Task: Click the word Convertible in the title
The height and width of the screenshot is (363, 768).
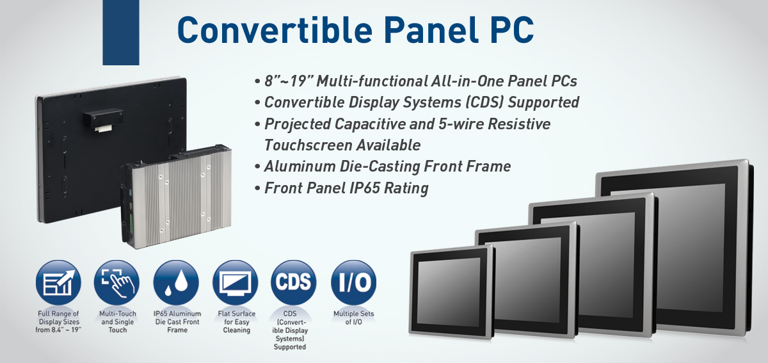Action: pyautogui.click(x=275, y=30)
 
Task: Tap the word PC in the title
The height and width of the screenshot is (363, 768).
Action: pyautogui.click(x=512, y=30)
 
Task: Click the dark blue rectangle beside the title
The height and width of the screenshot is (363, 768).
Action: pyautogui.click(x=121, y=32)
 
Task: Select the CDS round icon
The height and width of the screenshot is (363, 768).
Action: pyautogui.click(x=293, y=283)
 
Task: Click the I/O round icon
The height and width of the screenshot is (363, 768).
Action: pyautogui.click(x=353, y=283)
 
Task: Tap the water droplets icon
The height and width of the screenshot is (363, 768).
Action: pyautogui.click(x=176, y=283)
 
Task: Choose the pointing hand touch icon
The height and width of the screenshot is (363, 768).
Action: pyautogui.click(x=117, y=283)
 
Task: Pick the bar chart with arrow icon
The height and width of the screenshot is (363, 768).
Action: pyautogui.click(x=58, y=283)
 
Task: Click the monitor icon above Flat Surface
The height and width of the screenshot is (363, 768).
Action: pyautogui.click(x=236, y=283)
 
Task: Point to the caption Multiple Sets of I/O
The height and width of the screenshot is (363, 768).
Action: pyautogui.click(x=353, y=318)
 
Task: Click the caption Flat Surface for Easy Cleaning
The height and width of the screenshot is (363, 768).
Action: pyautogui.click(x=237, y=322)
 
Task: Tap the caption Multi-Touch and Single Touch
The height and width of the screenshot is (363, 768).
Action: pyautogui.click(x=118, y=322)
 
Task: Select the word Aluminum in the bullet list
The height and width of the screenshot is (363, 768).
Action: pyautogui.click(x=300, y=166)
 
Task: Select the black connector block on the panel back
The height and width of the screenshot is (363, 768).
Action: pyautogui.click(x=103, y=118)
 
